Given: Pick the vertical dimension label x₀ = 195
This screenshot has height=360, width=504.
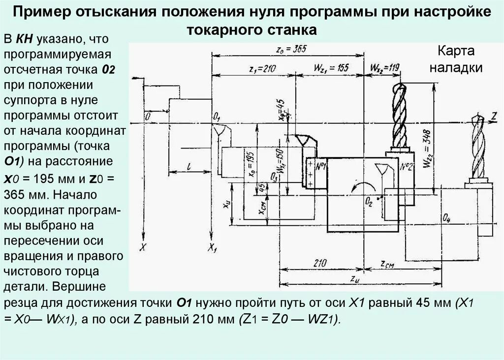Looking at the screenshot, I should coord(252,163).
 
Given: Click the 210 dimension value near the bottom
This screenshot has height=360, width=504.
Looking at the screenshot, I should coord(320,264).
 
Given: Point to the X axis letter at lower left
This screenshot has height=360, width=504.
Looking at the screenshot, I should coord(142,247).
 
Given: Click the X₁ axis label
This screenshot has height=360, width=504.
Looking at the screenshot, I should coord(213,247).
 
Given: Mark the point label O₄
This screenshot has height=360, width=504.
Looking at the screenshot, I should coord(446,218).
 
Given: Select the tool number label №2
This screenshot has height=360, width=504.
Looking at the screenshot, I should coord(406,166).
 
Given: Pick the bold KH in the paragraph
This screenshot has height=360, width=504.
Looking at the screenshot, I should coord(24,38).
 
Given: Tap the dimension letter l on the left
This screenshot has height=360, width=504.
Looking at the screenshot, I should coord(189,166).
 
